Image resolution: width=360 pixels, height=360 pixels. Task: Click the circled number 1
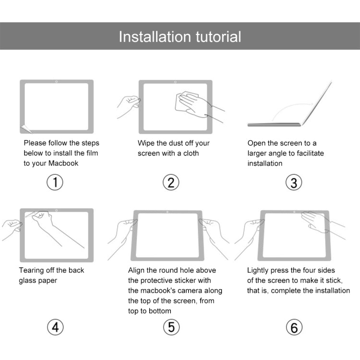click(x=55, y=182)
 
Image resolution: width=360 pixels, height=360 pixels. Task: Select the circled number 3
click(x=294, y=182)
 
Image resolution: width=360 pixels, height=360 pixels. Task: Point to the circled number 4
click(x=55, y=327)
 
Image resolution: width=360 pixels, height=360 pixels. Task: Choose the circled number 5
click(x=171, y=327)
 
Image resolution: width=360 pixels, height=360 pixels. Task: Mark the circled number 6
click(x=294, y=327)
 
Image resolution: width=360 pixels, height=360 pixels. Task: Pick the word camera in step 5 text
click(x=208, y=290)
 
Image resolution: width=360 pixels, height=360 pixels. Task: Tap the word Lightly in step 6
click(x=259, y=270)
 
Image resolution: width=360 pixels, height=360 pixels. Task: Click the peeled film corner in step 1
click(x=26, y=128)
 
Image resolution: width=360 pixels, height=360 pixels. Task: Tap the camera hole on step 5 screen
click(x=167, y=212)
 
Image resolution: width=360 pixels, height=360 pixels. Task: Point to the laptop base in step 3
click(x=274, y=125)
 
